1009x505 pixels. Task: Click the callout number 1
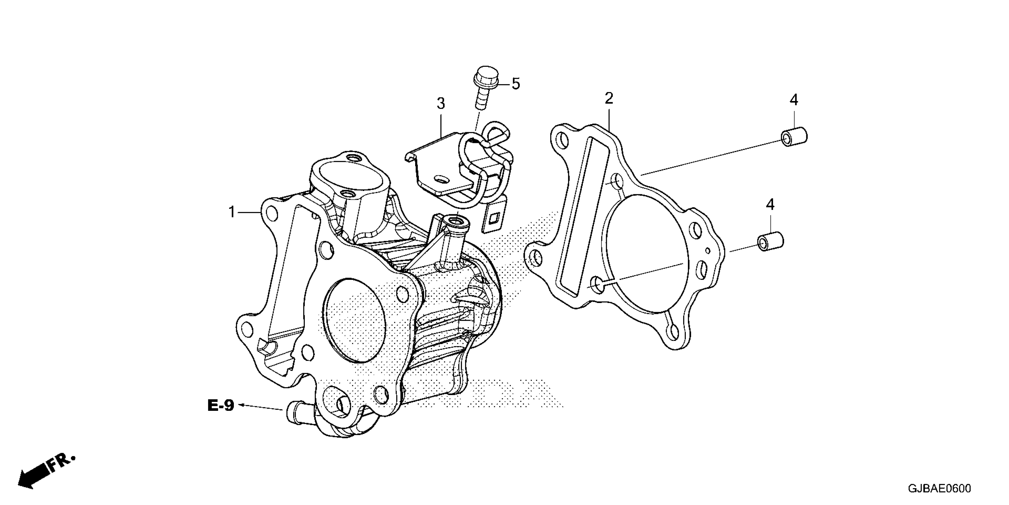point(232,212)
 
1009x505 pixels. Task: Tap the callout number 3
point(441,104)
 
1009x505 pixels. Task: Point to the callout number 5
point(515,84)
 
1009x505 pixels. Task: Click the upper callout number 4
point(794,100)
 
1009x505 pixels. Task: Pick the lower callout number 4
point(770,204)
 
